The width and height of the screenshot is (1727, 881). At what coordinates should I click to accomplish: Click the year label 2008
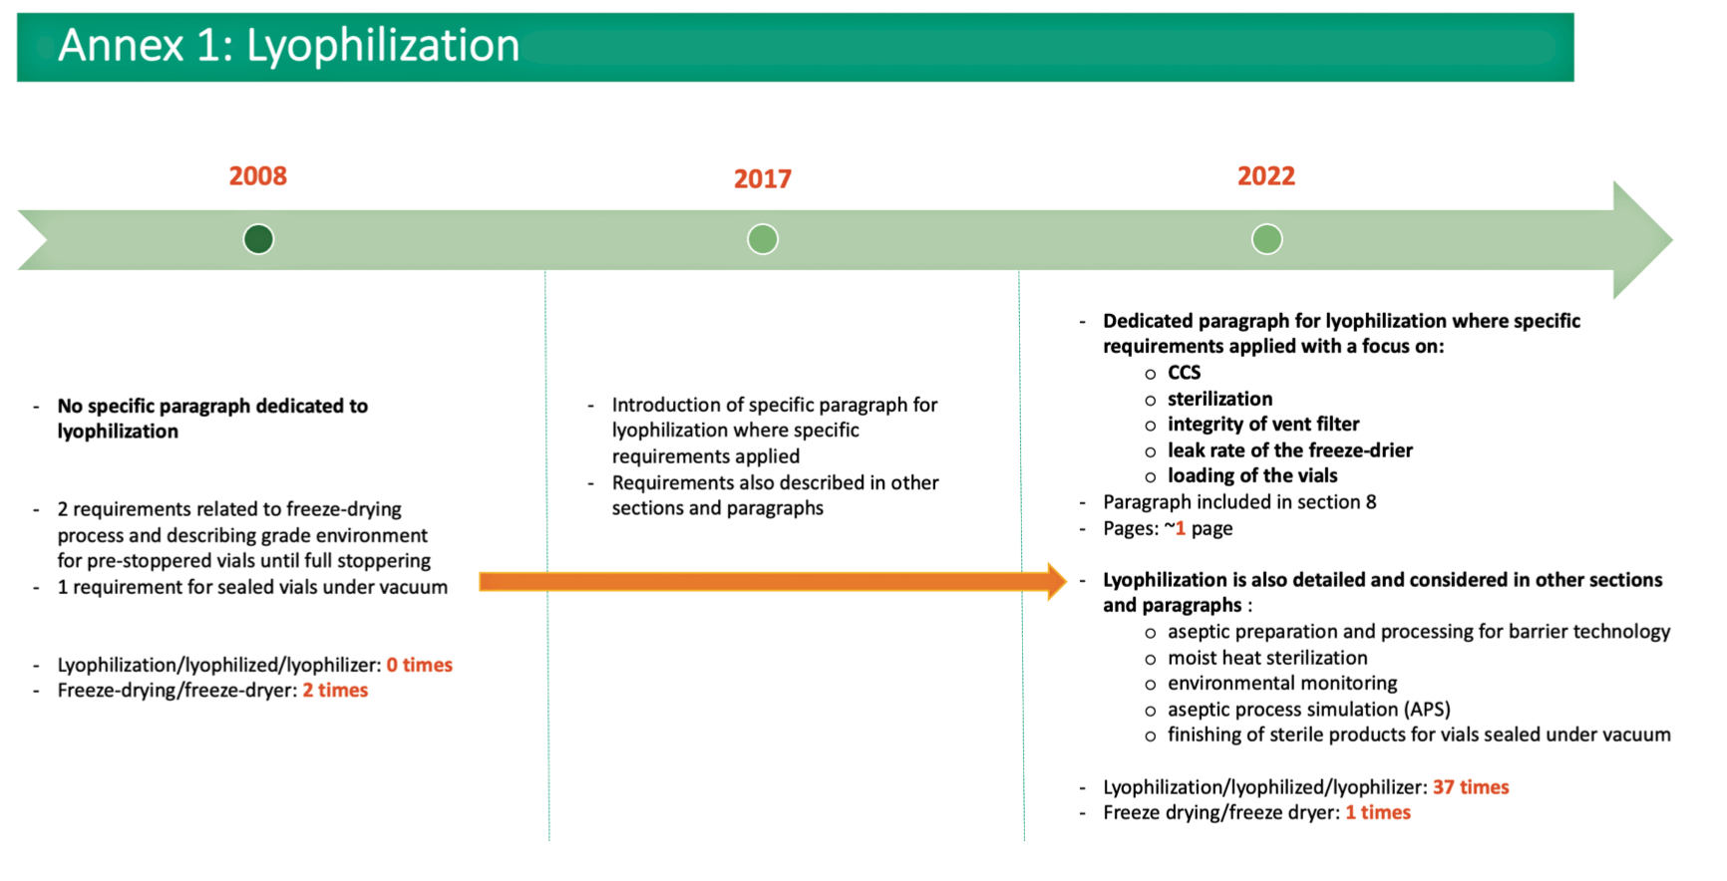[258, 176]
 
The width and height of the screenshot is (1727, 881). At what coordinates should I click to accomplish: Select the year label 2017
[763, 179]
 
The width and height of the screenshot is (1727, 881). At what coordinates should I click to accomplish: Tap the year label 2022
[1266, 176]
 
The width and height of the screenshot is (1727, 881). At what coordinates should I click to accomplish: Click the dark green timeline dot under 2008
[258, 239]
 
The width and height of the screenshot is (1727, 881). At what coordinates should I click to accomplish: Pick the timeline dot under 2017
[763, 239]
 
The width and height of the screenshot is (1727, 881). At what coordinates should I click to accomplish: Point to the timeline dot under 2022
[1267, 239]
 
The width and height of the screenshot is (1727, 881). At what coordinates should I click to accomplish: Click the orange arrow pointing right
[773, 582]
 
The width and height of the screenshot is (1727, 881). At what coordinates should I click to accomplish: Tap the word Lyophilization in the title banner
[383, 46]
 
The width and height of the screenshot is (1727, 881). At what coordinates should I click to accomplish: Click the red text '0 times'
[420, 665]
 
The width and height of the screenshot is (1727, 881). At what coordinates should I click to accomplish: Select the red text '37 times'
[1471, 787]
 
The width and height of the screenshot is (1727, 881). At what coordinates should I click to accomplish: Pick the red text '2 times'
[335, 691]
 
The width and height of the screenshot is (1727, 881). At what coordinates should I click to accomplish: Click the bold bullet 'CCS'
[1185, 373]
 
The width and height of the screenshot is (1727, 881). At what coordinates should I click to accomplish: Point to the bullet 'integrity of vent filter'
[1263, 425]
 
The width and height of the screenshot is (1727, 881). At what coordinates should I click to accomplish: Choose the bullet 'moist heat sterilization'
[1267, 658]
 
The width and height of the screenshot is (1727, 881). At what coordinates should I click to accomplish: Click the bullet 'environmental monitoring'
[1282, 684]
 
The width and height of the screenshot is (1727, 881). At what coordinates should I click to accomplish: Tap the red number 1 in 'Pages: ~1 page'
[1181, 528]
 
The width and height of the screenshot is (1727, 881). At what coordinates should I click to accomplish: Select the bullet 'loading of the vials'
[1252, 476]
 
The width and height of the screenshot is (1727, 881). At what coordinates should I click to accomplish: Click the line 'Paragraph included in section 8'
[1239, 502]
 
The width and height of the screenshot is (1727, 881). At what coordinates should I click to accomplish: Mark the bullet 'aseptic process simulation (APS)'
[1309, 710]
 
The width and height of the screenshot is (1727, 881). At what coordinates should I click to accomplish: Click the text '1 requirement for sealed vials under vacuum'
[252, 587]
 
